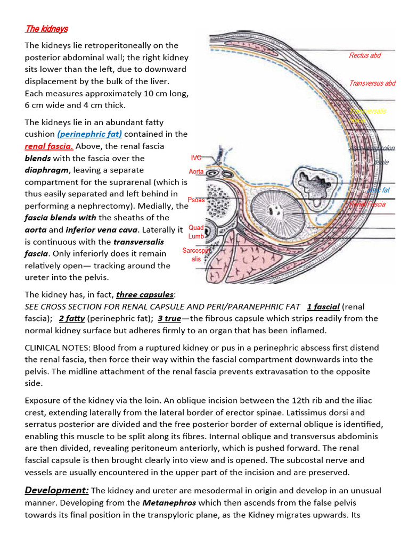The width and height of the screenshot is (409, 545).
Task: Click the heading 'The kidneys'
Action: (46, 28)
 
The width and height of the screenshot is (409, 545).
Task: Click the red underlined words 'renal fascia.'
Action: (50, 146)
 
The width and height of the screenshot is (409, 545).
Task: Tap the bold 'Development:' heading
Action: (57, 490)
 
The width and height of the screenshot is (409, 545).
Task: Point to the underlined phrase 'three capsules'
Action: (145, 294)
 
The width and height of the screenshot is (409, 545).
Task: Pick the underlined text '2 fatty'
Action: (72, 318)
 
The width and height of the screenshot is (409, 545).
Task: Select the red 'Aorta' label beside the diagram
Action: (197, 171)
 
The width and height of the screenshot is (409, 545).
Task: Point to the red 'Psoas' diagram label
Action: (196, 200)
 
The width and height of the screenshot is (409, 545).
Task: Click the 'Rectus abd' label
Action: (365, 55)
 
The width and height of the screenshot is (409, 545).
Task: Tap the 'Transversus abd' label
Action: (372, 83)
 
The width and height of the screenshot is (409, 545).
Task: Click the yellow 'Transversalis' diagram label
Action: (368, 111)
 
